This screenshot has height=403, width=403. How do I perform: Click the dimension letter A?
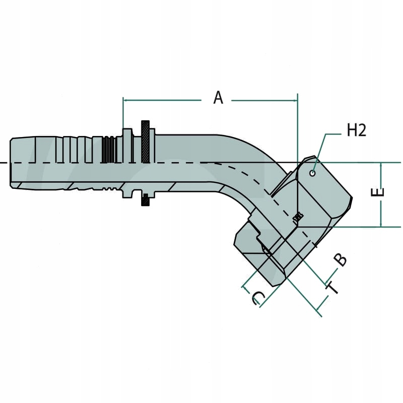218,97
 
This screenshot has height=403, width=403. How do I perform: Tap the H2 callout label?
356,130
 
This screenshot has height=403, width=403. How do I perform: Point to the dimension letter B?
341,259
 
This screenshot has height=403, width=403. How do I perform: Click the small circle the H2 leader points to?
313,173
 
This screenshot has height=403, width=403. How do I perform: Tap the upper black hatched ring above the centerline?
146,142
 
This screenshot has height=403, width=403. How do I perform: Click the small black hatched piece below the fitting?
145,200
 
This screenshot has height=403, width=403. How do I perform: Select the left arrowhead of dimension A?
126,100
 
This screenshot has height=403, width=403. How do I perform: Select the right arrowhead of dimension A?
295,100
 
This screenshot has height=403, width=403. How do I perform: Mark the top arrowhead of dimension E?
382,166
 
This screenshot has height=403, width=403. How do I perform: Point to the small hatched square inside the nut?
298,217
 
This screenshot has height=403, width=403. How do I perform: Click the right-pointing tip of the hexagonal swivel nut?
351,200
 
